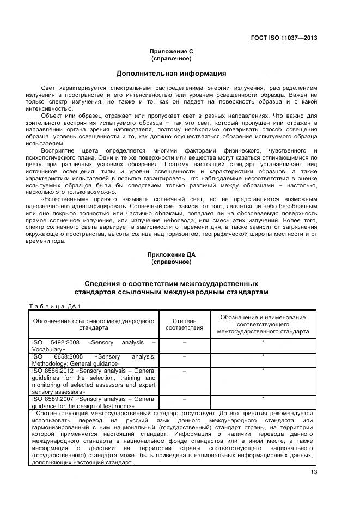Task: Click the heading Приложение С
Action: pyautogui.click(x=171, y=51)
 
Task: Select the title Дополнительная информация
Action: pyautogui.click(x=171, y=73)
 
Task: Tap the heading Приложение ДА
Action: pyautogui.click(x=171, y=254)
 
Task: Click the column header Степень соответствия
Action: pyautogui.click(x=184, y=324)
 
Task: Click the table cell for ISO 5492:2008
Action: pyautogui.click(x=94, y=345)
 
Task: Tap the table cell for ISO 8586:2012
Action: pyautogui.click(x=94, y=380)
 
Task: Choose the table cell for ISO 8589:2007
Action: pyautogui.click(x=94, y=402)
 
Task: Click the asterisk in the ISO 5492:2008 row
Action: pyautogui.click(x=263, y=342)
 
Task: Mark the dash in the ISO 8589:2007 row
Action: pyautogui.click(x=184, y=399)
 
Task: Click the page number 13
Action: pyautogui.click(x=314, y=472)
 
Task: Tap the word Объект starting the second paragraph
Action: pyautogui.click(x=52, y=116)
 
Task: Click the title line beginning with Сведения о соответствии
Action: pyautogui.click(x=171, y=284)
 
